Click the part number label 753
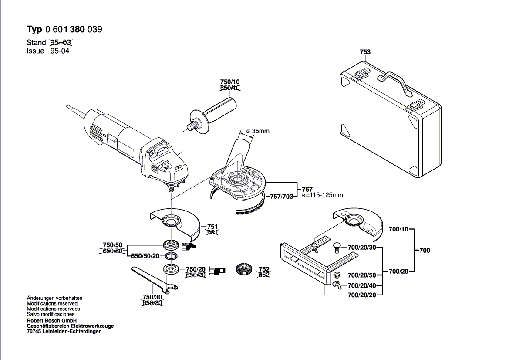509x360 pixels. coord(365,52)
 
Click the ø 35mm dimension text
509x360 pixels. coord(258,131)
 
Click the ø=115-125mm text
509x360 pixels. coord(322,195)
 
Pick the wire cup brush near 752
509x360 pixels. coord(244,270)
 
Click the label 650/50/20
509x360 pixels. coord(145,256)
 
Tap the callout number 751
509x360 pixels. coord(212,227)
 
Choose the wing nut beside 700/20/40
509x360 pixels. coord(337,285)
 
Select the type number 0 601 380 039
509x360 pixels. coord(74,30)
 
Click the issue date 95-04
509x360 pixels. coord(60,51)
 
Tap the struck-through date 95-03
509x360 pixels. coord(61,43)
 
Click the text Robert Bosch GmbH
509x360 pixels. coord(52,320)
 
